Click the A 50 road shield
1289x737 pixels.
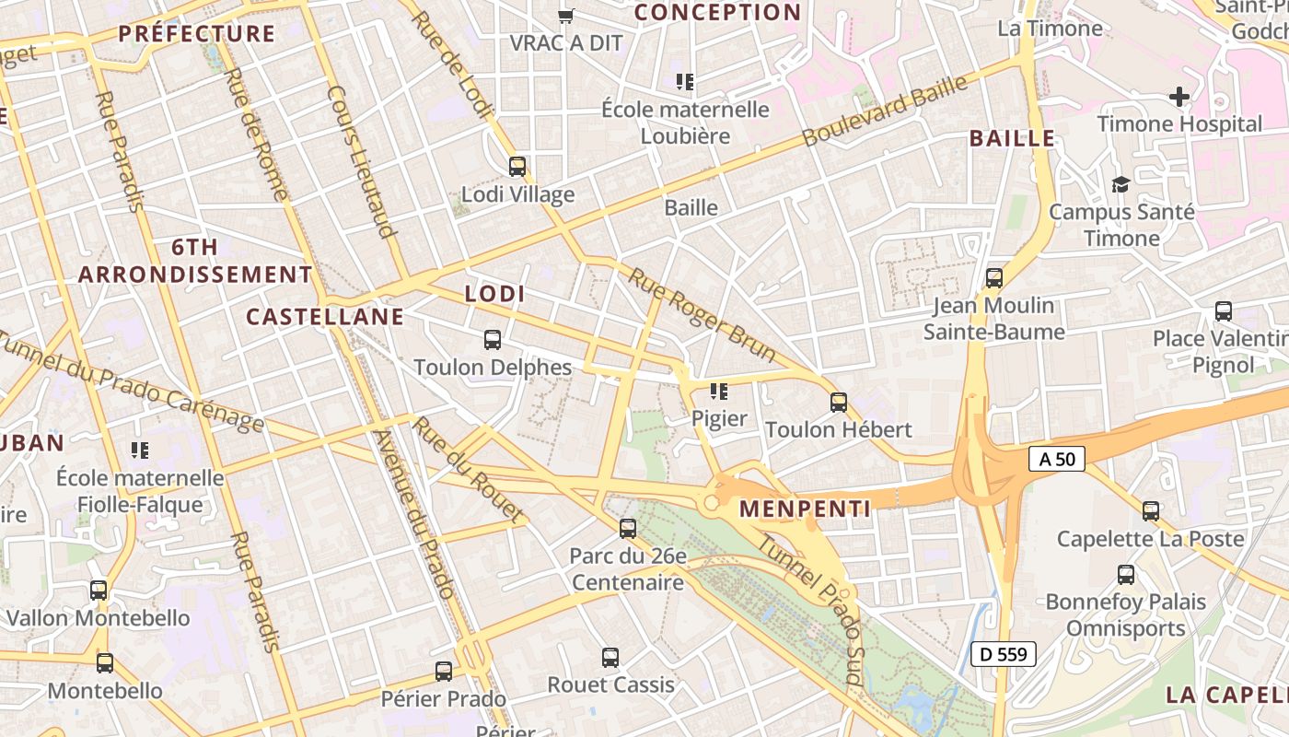tap(1057, 459)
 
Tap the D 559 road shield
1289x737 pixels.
tap(1004, 655)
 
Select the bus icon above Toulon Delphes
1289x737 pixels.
tap(493, 340)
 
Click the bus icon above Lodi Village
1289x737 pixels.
tap(517, 167)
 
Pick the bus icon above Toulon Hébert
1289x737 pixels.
tap(839, 403)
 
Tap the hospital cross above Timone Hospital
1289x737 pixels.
tap(1179, 96)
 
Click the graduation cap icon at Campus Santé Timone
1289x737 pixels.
tap(1121, 184)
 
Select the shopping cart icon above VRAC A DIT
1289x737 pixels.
tap(567, 16)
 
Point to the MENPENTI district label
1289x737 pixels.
tap(805, 509)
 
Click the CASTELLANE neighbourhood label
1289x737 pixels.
tap(325, 317)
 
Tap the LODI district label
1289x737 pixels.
tap(495, 294)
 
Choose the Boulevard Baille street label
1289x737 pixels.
tap(885, 111)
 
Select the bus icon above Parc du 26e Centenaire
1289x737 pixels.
tap(628, 529)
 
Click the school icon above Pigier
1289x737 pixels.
tap(719, 392)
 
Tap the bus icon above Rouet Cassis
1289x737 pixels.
tap(610, 658)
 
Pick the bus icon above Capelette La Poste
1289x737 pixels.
tap(1151, 511)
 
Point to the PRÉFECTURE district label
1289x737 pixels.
tap(197, 34)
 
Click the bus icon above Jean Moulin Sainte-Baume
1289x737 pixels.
tap(994, 278)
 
